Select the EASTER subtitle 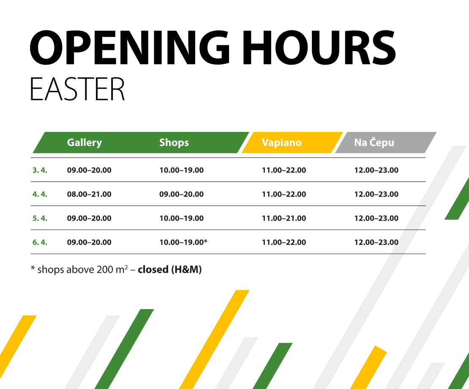pos(77,89)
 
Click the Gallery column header pos(85,142)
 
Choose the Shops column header pos(174,142)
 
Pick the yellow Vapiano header pos(282,142)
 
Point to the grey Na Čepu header pos(374,142)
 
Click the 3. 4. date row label pos(40,170)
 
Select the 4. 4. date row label pos(40,194)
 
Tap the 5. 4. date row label pos(40,219)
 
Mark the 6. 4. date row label pos(40,243)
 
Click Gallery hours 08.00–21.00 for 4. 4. pos(89,194)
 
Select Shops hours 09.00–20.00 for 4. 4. pos(181,194)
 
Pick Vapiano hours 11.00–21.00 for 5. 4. pos(284,219)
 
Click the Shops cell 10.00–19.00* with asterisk pos(183,243)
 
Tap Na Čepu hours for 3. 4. pos(376,170)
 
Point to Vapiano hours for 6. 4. pos(284,243)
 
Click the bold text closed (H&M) pos(170,270)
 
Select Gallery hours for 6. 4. pos(89,243)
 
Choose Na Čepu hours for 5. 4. pos(376,219)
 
